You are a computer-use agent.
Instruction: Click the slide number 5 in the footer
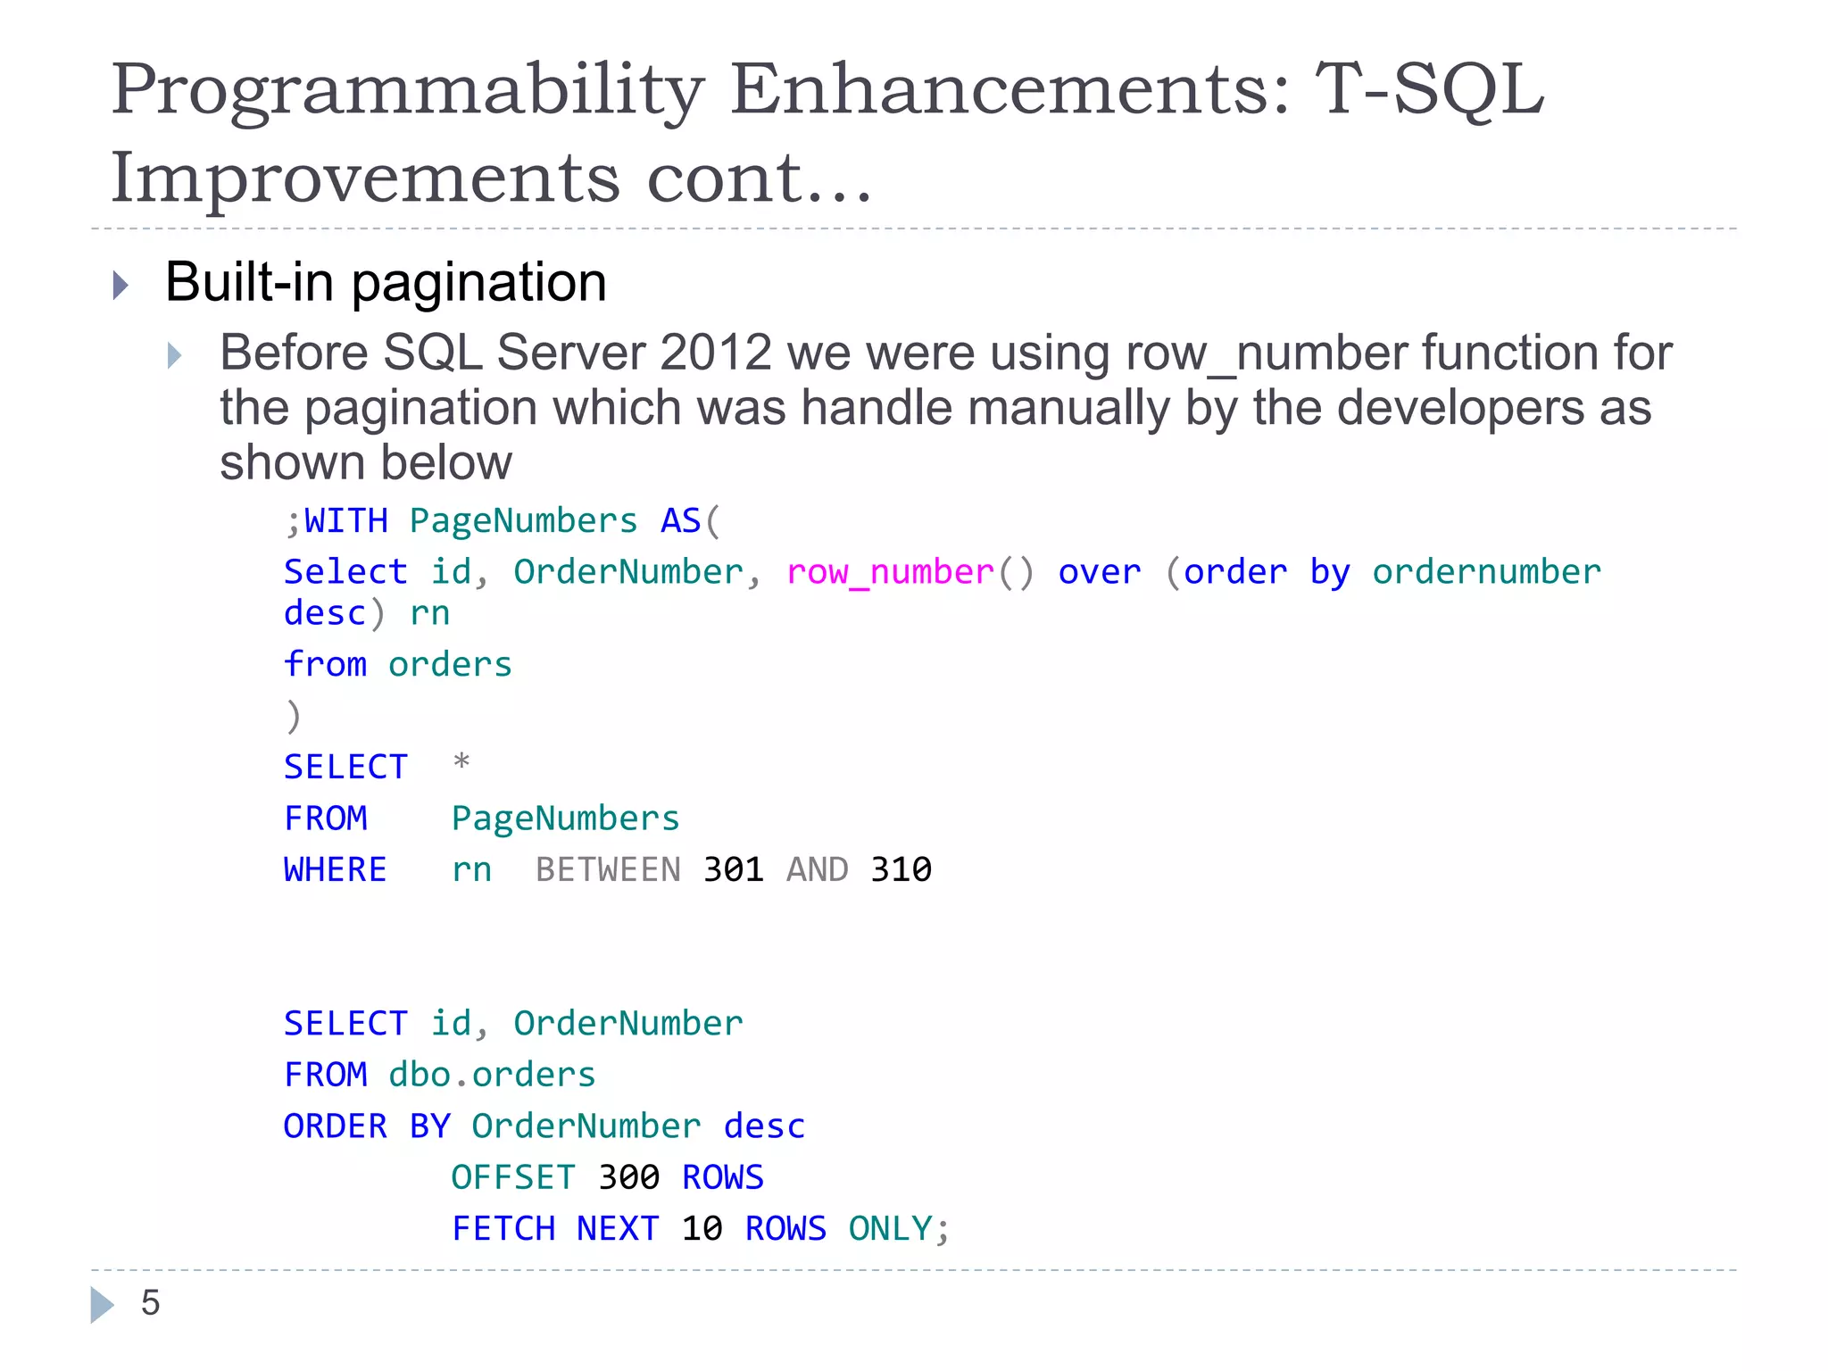(x=150, y=1303)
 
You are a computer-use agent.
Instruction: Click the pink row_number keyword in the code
(x=890, y=572)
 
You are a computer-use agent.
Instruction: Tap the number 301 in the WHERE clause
(x=734, y=869)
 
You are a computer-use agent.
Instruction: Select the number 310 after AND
(x=902, y=869)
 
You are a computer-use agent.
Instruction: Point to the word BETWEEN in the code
(x=608, y=869)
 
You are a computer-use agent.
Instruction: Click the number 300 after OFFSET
(x=628, y=1177)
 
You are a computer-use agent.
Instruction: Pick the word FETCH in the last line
(x=503, y=1229)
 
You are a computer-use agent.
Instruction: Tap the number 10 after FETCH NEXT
(x=702, y=1229)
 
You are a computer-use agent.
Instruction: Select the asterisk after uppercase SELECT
(x=461, y=763)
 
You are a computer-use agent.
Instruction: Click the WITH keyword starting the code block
(x=346, y=521)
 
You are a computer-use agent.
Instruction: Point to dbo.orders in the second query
(x=492, y=1075)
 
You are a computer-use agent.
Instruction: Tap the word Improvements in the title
(x=364, y=177)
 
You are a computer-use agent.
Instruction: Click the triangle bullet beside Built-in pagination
(x=120, y=286)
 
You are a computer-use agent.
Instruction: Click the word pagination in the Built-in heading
(x=478, y=282)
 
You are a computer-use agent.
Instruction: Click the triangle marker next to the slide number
(x=102, y=1304)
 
